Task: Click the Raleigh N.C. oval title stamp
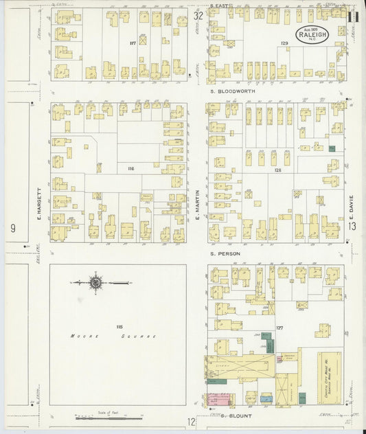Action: pos(311,32)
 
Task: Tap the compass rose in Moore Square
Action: pos(96,282)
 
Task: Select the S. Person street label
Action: pos(223,253)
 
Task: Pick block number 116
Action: pos(130,167)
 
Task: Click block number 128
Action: pos(277,170)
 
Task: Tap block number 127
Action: pos(279,328)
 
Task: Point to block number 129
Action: pos(283,43)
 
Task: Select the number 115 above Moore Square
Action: pos(119,325)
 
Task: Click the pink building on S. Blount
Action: pos(220,400)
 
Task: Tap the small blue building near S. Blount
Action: pos(266,398)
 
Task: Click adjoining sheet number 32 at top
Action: pos(198,15)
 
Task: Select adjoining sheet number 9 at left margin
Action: pos(12,227)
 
